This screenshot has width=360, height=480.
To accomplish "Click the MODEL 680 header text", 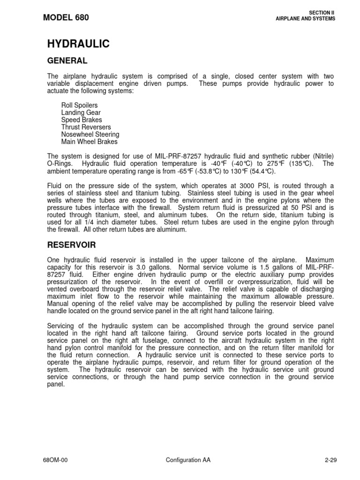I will [x=66, y=18].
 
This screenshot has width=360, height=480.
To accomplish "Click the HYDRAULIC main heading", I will [x=78, y=44].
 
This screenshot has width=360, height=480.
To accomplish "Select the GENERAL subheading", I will [x=67, y=60].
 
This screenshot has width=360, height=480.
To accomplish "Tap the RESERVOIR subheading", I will [x=72, y=244].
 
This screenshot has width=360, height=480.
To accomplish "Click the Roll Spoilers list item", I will [x=79, y=106].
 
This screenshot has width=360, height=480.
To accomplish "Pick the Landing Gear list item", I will [x=81, y=113].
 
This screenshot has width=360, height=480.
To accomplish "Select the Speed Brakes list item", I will [x=81, y=120].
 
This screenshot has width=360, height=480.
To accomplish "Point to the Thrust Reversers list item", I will [x=86, y=127].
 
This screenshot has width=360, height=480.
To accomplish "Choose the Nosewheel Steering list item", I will [x=90, y=134].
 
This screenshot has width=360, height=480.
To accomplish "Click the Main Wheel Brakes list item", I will [x=89, y=141].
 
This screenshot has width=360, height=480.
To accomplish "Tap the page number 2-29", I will [x=330, y=460].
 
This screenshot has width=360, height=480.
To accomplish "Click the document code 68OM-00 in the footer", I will [x=59, y=460].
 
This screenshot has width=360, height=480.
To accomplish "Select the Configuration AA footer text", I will [x=188, y=460].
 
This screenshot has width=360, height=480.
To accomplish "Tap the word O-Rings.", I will [x=60, y=163].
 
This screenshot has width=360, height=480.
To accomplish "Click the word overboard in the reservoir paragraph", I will [x=82, y=289].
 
